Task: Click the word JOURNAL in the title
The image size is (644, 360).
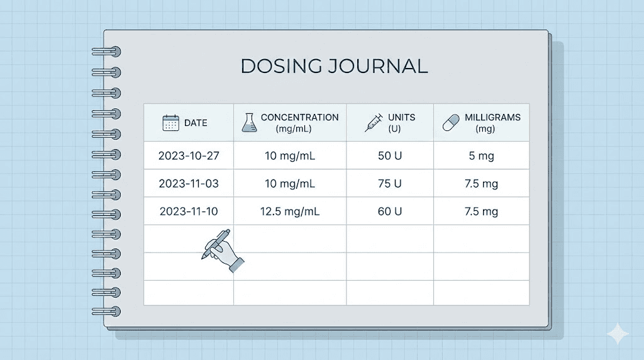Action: point(377,66)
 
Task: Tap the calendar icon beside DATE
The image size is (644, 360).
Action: point(170,123)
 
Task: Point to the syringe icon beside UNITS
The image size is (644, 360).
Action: point(374,123)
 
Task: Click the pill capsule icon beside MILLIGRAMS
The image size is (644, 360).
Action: point(452,123)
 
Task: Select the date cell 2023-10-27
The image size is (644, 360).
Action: point(188,156)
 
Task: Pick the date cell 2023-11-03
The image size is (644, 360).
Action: point(188,184)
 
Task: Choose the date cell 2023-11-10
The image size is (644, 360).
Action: point(188,211)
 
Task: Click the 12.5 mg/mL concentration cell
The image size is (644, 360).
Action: point(289,211)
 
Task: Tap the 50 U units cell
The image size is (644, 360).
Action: point(390,156)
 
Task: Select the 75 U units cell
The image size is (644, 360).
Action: point(390,184)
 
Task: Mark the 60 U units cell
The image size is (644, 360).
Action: point(390,211)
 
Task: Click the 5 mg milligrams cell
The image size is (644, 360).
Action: point(481,156)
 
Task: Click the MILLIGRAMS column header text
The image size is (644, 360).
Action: point(492,118)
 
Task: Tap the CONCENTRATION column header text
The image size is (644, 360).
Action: point(299,118)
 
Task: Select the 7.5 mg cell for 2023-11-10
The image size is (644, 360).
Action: point(481,211)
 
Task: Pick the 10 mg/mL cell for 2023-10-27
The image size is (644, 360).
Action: point(289,156)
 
